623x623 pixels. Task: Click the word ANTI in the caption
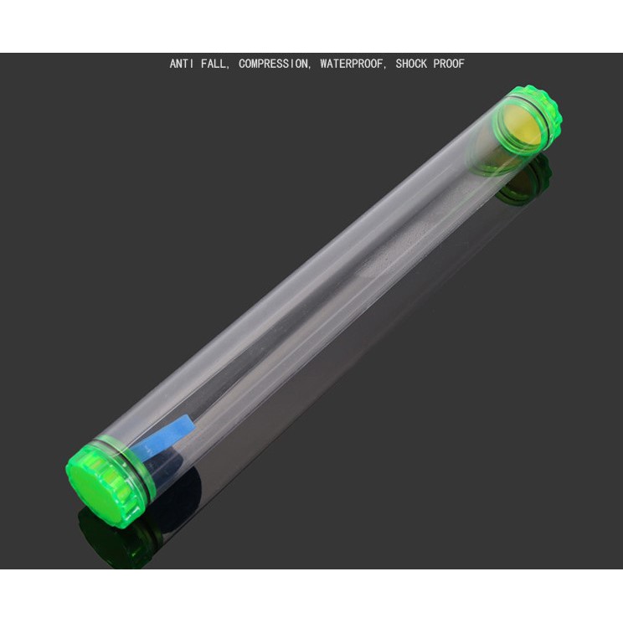pyautogui.click(x=182, y=64)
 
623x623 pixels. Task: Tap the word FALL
pyautogui.click(x=213, y=64)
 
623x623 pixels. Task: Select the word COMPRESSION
pyautogui.click(x=273, y=64)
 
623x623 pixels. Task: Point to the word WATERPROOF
pyautogui.click(x=351, y=64)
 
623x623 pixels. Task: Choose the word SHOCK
pyautogui.click(x=411, y=64)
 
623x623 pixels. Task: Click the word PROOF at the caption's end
pyautogui.click(x=449, y=64)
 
